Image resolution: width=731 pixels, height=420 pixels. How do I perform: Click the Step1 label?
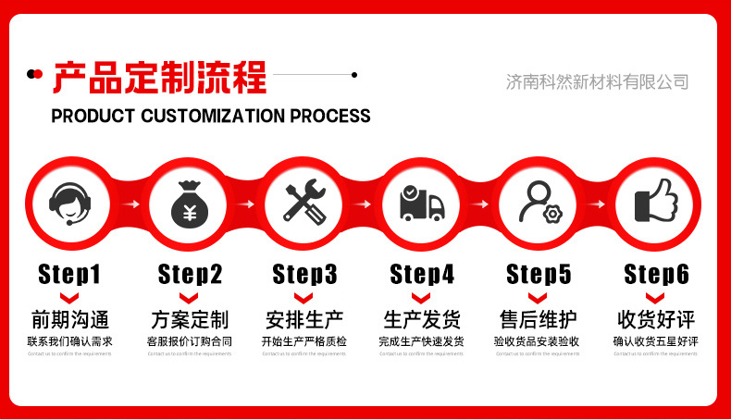pyautogui.click(x=69, y=274)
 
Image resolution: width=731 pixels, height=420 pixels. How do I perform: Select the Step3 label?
pyautogui.click(x=305, y=274)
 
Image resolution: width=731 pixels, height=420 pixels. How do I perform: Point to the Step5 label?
pyautogui.click(x=539, y=274)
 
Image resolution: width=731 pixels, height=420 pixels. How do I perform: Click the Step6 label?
pyautogui.click(x=657, y=274)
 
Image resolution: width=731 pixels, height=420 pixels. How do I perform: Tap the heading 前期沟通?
pyautogui.click(x=69, y=320)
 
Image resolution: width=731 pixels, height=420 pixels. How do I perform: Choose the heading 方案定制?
pyautogui.click(x=189, y=320)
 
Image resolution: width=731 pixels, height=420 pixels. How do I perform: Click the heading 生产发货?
pyautogui.click(x=422, y=320)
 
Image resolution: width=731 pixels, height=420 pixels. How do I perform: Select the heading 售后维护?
pyautogui.click(x=539, y=320)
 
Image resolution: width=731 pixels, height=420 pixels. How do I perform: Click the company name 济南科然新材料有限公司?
pyautogui.click(x=597, y=81)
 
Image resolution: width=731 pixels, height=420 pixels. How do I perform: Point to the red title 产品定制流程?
pyautogui.click(x=159, y=77)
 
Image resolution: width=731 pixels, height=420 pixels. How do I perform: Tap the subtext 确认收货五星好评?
pyautogui.click(x=656, y=341)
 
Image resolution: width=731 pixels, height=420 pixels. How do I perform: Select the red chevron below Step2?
pyautogui.click(x=189, y=297)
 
